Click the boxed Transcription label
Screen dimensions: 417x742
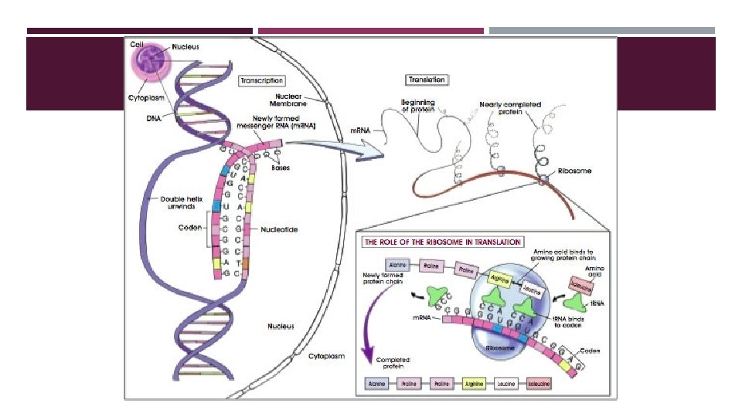(261, 80)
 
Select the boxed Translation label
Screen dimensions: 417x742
(426, 80)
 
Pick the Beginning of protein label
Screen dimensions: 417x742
(418, 106)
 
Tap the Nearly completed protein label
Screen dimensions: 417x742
(510, 107)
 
